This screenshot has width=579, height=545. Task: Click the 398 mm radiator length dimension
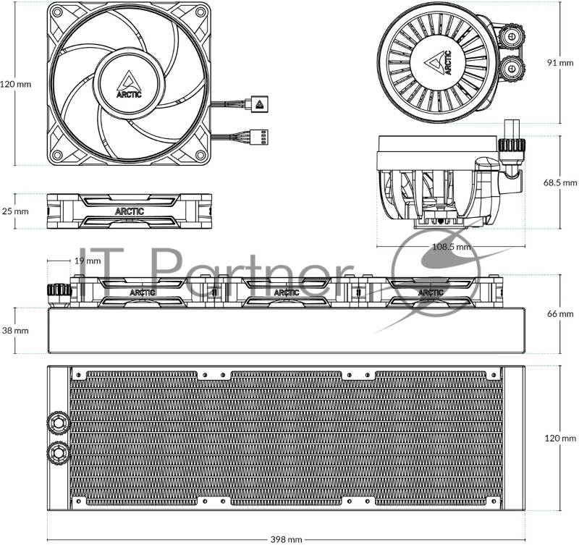pos(286,539)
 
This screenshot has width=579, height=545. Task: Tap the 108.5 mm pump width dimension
pos(451,246)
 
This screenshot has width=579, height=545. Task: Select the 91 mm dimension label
pos(560,63)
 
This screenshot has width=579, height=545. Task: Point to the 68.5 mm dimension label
pos(560,182)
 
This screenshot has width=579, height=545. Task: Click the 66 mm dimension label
pos(560,314)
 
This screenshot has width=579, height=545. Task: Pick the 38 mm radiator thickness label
pos(15,331)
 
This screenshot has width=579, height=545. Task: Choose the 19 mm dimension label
pos(88,261)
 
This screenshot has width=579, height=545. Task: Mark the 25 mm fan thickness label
pos(15,211)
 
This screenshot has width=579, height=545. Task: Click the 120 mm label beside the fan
pos(15,84)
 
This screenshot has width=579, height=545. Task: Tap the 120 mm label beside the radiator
pos(560,439)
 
